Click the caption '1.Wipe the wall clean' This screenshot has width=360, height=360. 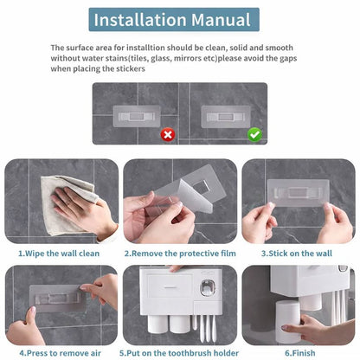(59, 253)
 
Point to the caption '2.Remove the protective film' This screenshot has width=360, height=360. (179, 253)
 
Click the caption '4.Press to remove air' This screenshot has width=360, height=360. (59, 353)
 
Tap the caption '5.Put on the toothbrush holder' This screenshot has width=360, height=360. (179, 353)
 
